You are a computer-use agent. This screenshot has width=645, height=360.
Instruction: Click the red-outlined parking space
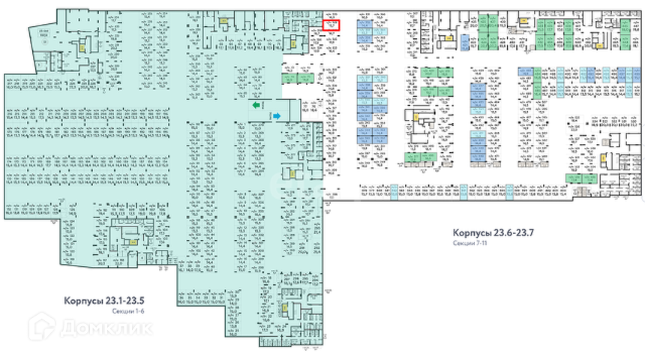click(x=331, y=25)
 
